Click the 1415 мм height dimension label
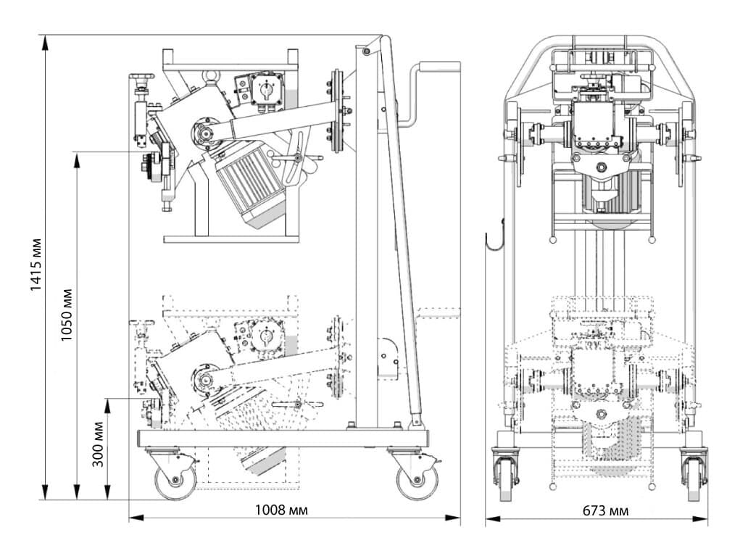36,264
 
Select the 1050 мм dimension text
66,314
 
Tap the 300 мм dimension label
99,444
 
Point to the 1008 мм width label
281,510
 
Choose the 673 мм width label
605,511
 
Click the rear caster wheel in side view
175,481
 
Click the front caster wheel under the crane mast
417,481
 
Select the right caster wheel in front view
694,478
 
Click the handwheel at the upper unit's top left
142,76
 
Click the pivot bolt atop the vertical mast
366,51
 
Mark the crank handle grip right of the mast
440,67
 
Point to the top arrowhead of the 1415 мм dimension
46,42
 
